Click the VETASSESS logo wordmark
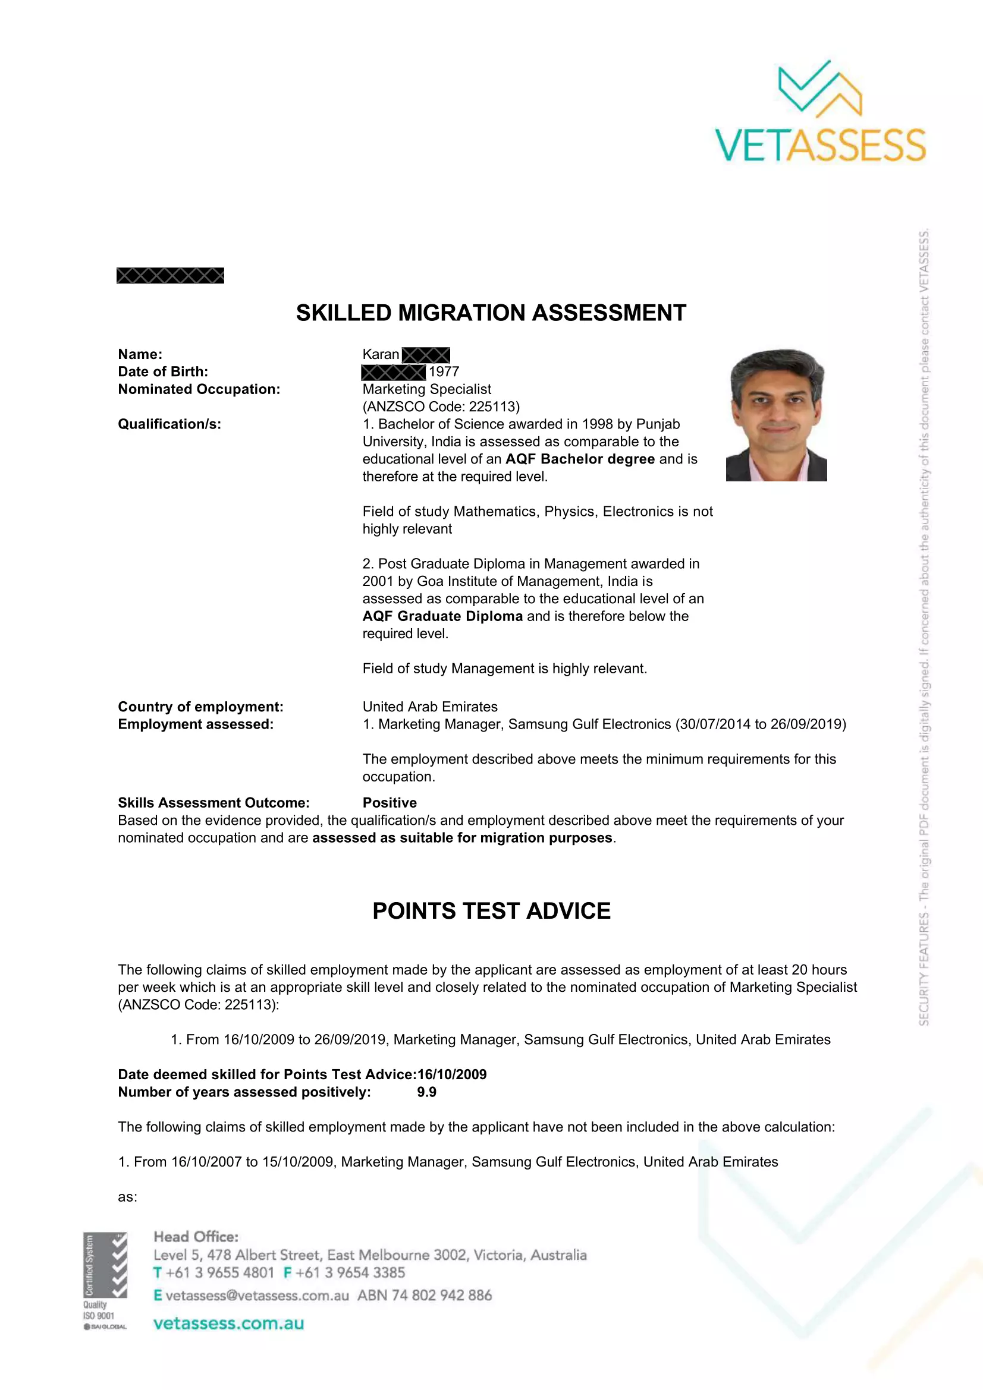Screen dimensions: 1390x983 tap(820, 144)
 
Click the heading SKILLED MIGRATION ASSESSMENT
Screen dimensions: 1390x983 tap(491, 313)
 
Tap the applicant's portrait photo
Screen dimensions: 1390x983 tap(777, 415)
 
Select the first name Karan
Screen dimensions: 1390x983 tap(381, 354)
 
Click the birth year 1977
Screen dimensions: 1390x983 tap(444, 371)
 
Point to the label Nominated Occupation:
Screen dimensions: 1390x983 tap(199, 389)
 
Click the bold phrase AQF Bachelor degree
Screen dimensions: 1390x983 tap(580, 459)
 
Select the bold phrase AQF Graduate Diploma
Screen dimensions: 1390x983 tap(442, 616)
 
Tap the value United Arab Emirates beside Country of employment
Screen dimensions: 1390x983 tap(429, 707)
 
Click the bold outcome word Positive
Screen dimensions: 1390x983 tap(390, 803)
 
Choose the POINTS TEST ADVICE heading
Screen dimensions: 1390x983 tap(491, 911)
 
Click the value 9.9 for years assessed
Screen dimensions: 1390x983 tap(426, 1092)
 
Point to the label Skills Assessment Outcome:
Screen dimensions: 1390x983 tap(213, 803)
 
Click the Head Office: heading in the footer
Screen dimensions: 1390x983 tap(196, 1237)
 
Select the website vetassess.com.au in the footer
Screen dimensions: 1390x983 tap(228, 1323)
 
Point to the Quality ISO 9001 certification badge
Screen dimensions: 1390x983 tap(105, 1281)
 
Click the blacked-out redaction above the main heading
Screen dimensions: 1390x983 tap(170, 276)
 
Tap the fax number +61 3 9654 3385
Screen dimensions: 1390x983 tap(350, 1272)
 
